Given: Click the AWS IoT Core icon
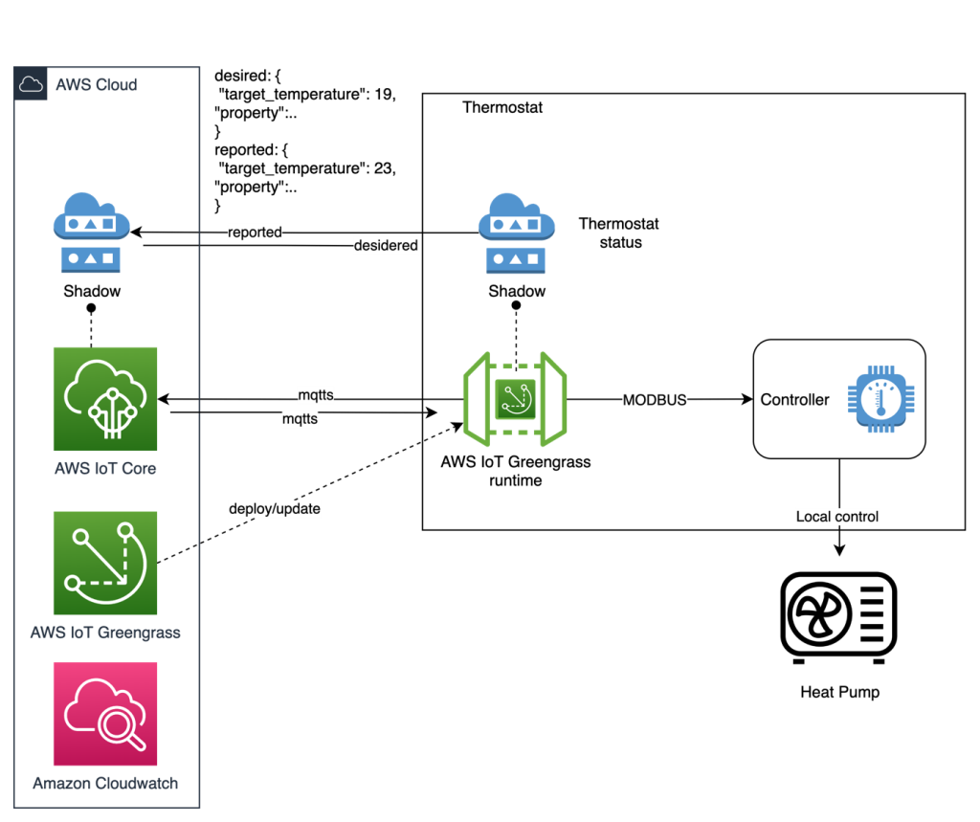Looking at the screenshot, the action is [105, 399].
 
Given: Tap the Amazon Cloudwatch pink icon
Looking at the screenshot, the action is [105, 714].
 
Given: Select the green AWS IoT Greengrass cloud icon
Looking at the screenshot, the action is [105, 564].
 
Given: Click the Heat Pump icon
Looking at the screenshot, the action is [838, 617].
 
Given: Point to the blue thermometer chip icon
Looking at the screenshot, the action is [880, 399].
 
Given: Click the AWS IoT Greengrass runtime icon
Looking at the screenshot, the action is [515, 399].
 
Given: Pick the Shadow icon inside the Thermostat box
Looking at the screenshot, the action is [516, 233].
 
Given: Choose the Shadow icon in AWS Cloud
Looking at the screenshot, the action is [91, 233].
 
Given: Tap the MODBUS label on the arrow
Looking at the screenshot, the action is [655, 400].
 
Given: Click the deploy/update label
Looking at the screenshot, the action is [275, 509].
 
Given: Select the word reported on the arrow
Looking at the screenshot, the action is [255, 233].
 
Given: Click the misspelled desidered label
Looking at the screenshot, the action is [386, 246].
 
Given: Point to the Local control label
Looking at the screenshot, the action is [836, 517].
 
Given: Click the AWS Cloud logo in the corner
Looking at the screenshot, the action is [31, 84].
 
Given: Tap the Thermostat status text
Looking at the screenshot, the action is [619, 233].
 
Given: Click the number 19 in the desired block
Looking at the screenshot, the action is [383, 95].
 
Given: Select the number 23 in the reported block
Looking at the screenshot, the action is [383, 168].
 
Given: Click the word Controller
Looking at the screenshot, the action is [794, 400].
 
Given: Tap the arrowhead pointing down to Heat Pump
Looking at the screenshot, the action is [839, 549].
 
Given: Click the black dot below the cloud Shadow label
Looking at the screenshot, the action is [91, 308].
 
